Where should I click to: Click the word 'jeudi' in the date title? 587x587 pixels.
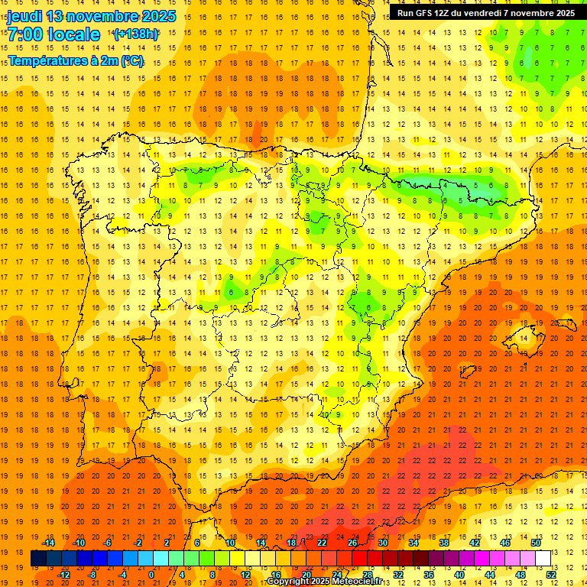[x=25, y=16]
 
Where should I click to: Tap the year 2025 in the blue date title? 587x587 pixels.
[x=157, y=16]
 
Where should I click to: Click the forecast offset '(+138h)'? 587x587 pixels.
[x=135, y=34]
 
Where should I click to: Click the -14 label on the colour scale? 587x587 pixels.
[x=48, y=543]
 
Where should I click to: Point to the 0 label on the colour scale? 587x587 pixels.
[x=151, y=575]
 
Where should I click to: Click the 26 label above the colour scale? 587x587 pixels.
[x=352, y=543]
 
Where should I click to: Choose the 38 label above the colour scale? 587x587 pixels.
[x=443, y=543]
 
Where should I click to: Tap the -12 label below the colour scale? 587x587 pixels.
[x=64, y=575]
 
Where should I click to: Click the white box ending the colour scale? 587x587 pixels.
[x=543, y=559]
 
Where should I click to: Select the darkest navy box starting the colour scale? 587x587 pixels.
[x=38, y=559]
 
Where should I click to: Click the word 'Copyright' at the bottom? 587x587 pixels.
[x=289, y=582]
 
